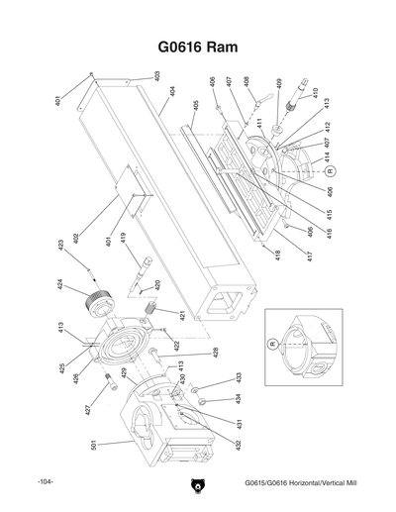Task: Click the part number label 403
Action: point(156,75)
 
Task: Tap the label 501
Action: point(94,448)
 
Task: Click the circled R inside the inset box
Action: point(269,343)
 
